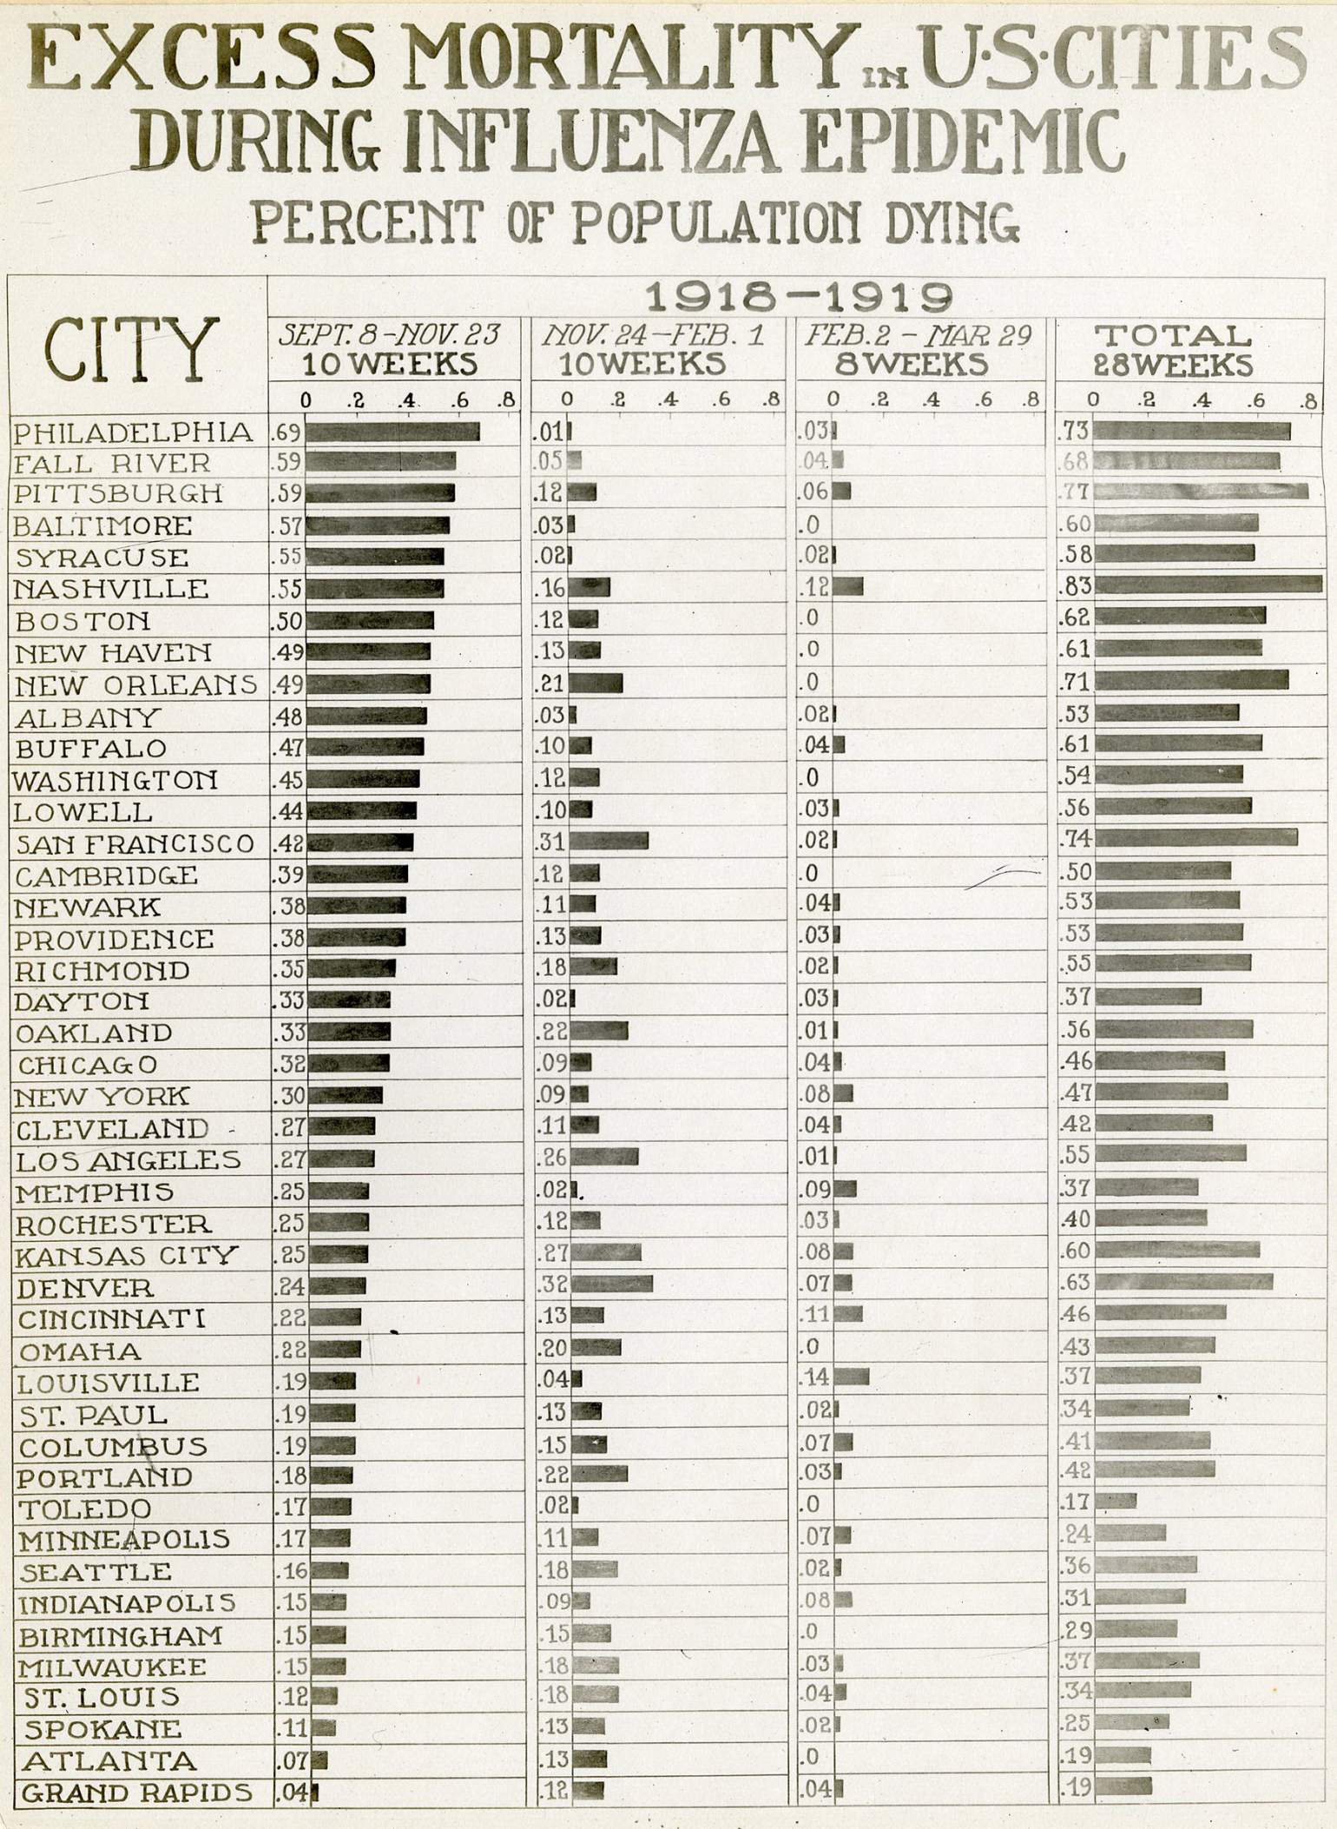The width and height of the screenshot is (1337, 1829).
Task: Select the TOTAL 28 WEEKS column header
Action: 1173,350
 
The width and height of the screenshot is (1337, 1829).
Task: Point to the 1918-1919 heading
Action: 799,298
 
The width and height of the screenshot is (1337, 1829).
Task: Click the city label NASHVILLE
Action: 111,589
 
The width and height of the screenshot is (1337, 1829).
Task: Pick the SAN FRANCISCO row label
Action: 135,843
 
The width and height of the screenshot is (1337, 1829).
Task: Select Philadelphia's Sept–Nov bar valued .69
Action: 392,432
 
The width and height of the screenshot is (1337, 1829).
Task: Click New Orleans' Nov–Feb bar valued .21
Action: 596,682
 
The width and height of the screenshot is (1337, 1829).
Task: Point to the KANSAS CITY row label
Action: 127,1255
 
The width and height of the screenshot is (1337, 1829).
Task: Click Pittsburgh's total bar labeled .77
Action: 1201,492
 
